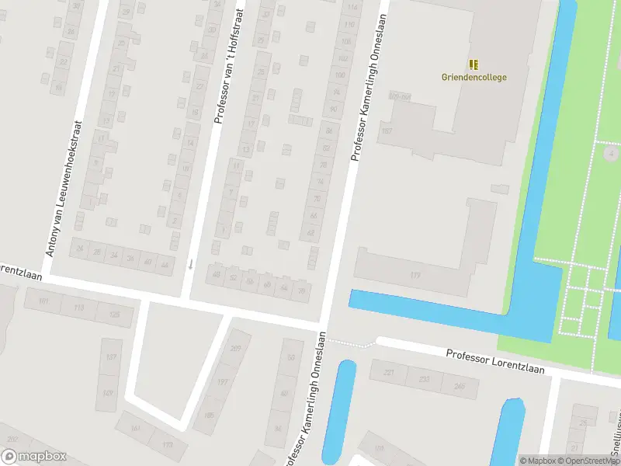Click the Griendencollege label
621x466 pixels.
tap(474, 77)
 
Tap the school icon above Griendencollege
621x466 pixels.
tap(474, 64)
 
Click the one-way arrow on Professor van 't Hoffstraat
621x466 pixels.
tap(190, 265)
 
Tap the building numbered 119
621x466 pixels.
tap(415, 275)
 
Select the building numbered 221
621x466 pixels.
tap(389, 373)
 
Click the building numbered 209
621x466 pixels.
tap(235, 349)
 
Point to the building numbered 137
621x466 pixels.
tap(110, 357)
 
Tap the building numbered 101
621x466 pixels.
tap(43, 301)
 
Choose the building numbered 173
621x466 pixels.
tap(167, 444)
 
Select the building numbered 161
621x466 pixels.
tap(136, 428)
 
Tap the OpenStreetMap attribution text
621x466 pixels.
tap(590, 461)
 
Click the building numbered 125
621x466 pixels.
tap(115, 314)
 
